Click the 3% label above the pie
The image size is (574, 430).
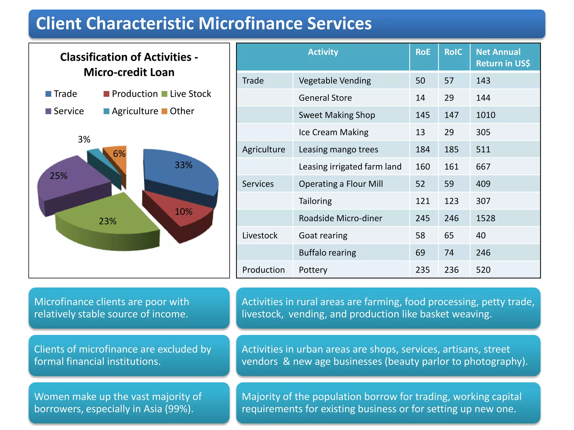click(x=84, y=139)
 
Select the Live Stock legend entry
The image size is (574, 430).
click(x=186, y=94)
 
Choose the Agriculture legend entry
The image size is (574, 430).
click(x=131, y=111)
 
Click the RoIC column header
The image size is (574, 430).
click(x=453, y=52)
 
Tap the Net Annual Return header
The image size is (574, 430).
click(x=503, y=58)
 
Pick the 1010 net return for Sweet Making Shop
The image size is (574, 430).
click(x=486, y=115)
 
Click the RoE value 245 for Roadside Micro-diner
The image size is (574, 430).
click(x=423, y=218)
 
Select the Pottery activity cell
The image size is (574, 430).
click(x=313, y=270)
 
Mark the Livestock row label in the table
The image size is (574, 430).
click(x=260, y=235)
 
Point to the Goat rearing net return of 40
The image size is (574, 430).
click(x=481, y=235)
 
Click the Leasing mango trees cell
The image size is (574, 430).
click(x=338, y=149)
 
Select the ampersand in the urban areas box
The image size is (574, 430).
click(x=286, y=361)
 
